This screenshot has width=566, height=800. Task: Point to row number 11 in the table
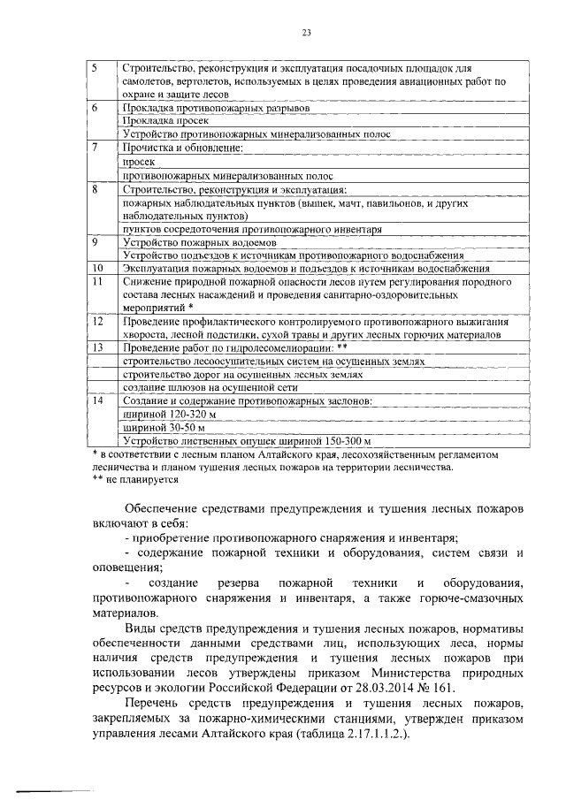(x=97, y=281)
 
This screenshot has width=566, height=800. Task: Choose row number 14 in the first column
(x=97, y=401)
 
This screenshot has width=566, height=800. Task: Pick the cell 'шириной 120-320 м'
(x=168, y=415)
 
